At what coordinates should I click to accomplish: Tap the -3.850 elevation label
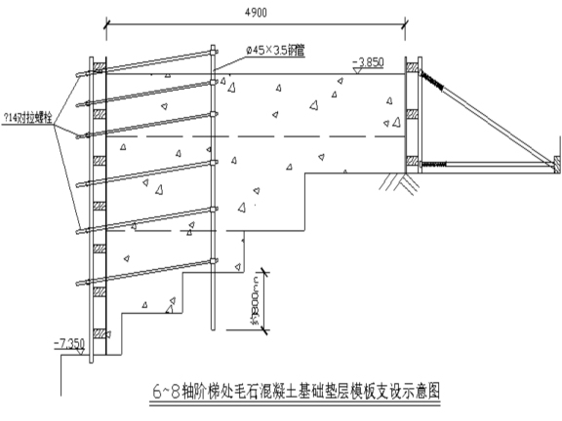coord(372,61)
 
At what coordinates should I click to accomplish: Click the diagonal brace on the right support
coord(488,118)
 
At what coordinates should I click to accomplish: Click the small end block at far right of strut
coord(555,162)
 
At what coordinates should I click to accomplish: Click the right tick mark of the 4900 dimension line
coord(408,21)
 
